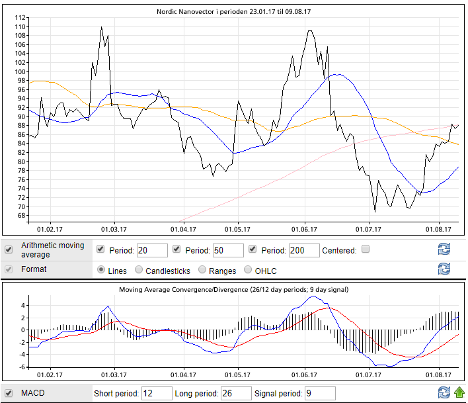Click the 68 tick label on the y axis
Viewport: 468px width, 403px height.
tap(21, 216)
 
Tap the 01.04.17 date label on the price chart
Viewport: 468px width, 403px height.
tap(183, 230)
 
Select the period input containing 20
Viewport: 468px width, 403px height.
tap(151, 251)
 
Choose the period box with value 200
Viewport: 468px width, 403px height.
tap(303, 251)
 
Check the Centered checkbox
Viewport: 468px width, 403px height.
tap(366, 250)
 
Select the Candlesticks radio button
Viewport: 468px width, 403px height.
tap(139, 270)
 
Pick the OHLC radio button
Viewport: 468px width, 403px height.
tap(249, 270)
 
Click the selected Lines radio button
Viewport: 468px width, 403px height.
tap(101, 270)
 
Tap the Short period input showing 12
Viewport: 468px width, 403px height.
tap(157, 394)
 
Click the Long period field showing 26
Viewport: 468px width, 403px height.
tap(235, 394)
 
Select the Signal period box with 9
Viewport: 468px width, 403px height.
tap(319, 394)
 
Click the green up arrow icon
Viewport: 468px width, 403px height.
tap(459, 393)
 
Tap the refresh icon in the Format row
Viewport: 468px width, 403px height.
tap(444, 269)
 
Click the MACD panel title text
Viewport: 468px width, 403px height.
tap(233, 290)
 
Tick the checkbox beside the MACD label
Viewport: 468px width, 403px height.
tap(9, 393)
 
